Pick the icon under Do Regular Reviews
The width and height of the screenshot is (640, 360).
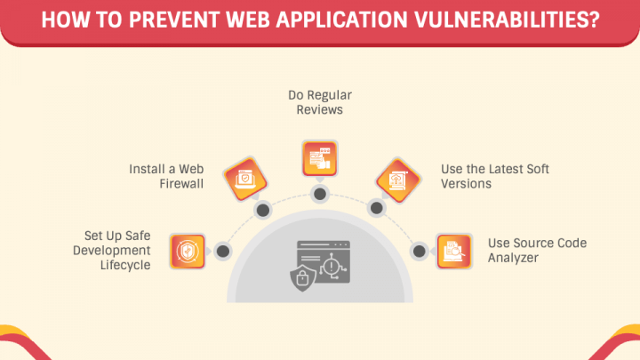tap(318, 157)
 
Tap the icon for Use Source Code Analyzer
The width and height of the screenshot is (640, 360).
tap(453, 252)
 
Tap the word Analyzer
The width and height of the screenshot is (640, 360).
tap(511, 257)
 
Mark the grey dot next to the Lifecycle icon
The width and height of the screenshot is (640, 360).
tap(223, 252)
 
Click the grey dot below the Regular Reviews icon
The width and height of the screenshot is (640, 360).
tap(318, 194)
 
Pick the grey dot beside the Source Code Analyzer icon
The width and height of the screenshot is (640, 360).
tap(415, 252)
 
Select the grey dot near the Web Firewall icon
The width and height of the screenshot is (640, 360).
tap(262, 211)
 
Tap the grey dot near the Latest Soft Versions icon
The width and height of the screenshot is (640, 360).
tap(375, 211)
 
